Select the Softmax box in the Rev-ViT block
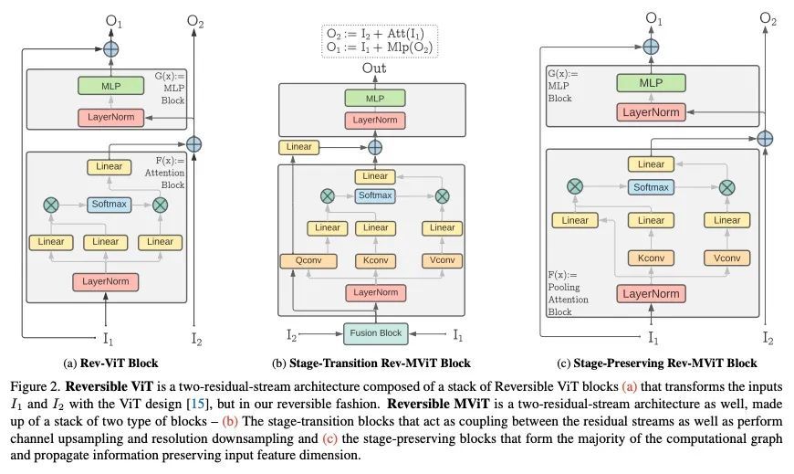coord(106,205)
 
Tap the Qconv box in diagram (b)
coord(302,261)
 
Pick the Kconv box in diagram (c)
coord(651,258)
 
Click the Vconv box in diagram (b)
coord(442,261)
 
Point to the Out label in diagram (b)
coord(374,68)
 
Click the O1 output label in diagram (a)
coord(110,19)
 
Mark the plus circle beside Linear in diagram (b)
coord(374,146)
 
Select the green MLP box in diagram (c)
coord(651,83)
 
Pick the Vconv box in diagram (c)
coord(726,258)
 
